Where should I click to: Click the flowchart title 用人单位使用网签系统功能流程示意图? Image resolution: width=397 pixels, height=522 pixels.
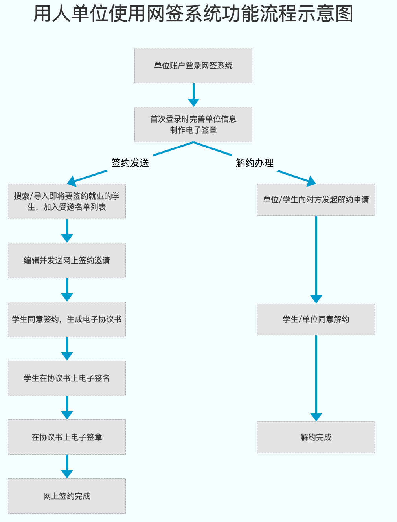click(x=193, y=14)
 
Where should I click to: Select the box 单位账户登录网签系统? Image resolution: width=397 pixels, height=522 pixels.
click(x=193, y=66)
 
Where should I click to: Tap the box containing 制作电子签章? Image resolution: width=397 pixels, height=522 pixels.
click(x=193, y=125)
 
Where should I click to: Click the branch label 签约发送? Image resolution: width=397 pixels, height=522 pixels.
click(x=130, y=163)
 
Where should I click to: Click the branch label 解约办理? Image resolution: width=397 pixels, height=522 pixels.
click(x=254, y=163)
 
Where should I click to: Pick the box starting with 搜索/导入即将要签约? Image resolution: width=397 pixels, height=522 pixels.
click(x=67, y=201)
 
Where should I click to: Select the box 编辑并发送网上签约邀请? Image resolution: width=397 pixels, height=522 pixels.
click(x=67, y=260)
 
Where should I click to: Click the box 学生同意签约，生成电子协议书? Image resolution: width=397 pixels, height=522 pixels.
click(x=67, y=319)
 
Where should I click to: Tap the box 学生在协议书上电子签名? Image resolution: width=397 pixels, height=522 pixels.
click(x=67, y=378)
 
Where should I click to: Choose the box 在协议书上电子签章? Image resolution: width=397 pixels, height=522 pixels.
click(x=67, y=437)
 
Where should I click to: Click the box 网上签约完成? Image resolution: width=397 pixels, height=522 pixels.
click(x=67, y=496)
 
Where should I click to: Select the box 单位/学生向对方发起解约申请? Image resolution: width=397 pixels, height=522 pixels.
click(x=316, y=200)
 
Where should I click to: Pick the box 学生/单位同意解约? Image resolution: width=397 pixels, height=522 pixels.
click(x=316, y=319)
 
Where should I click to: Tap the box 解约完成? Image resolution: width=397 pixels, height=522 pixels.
click(x=316, y=437)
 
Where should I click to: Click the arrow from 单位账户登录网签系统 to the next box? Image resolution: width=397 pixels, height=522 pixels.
click(x=193, y=95)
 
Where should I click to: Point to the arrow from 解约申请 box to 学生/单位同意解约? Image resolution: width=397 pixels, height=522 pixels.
click(x=316, y=259)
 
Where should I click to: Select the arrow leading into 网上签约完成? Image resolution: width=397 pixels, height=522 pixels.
click(x=67, y=467)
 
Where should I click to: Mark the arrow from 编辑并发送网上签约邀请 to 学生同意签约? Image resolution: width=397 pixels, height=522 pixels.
click(x=67, y=290)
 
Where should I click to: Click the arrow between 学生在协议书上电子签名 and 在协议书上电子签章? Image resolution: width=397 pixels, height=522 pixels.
click(x=67, y=408)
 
